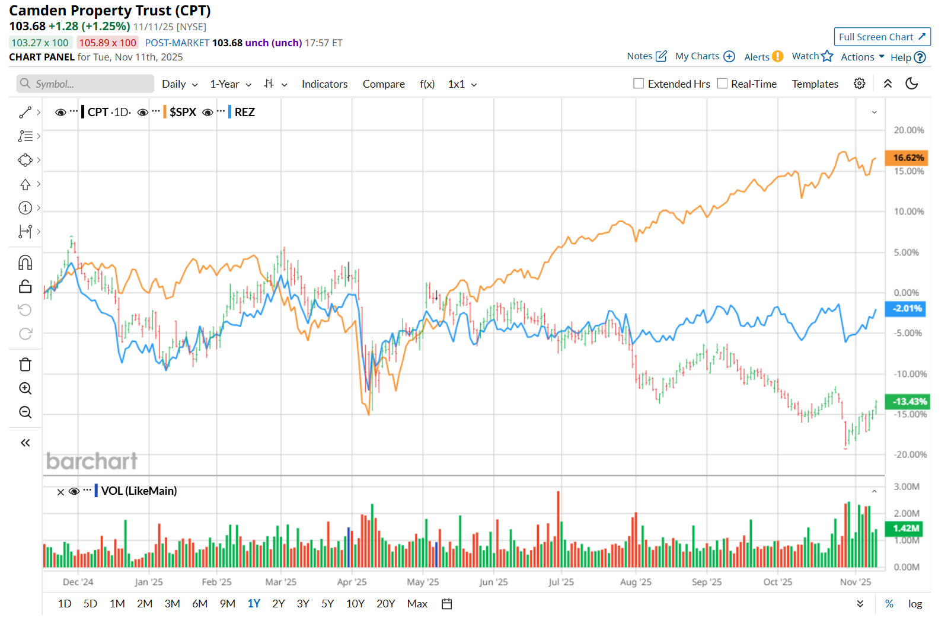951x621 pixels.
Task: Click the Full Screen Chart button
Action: click(x=882, y=37)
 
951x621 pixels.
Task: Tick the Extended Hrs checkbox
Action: click(x=639, y=84)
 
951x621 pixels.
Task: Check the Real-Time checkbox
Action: click(x=722, y=84)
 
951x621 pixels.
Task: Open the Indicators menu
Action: click(x=324, y=84)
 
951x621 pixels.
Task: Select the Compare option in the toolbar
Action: click(x=384, y=84)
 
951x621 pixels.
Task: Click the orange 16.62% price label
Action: click(x=907, y=158)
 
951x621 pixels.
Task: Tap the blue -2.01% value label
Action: click(x=907, y=309)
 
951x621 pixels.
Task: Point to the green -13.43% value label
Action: click(x=907, y=402)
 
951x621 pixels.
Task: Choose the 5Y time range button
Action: click(x=327, y=604)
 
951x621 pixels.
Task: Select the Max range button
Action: click(x=417, y=604)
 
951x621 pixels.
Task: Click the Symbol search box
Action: click(x=85, y=84)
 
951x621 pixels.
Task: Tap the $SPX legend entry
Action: click(x=183, y=112)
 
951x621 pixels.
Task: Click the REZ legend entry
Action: click(x=244, y=112)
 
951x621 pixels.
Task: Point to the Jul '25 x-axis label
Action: click(x=561, y=582)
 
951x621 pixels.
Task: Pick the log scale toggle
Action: click(x=915, y=604)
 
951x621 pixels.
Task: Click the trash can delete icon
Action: click(x=25, y=364)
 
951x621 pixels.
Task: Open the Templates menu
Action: click(x=815, y=84)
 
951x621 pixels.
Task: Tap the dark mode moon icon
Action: click(x=912, y=84)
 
